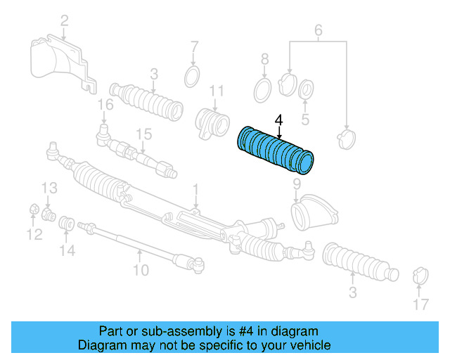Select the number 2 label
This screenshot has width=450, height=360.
(64, 21)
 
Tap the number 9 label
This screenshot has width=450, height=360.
(296, 184)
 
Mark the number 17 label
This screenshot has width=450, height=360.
(420, 304)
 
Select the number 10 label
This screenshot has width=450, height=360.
(141, 269)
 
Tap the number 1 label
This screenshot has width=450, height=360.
(195, 188)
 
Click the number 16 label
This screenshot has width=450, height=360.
(105, 105)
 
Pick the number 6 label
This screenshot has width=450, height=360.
(318, 30)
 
